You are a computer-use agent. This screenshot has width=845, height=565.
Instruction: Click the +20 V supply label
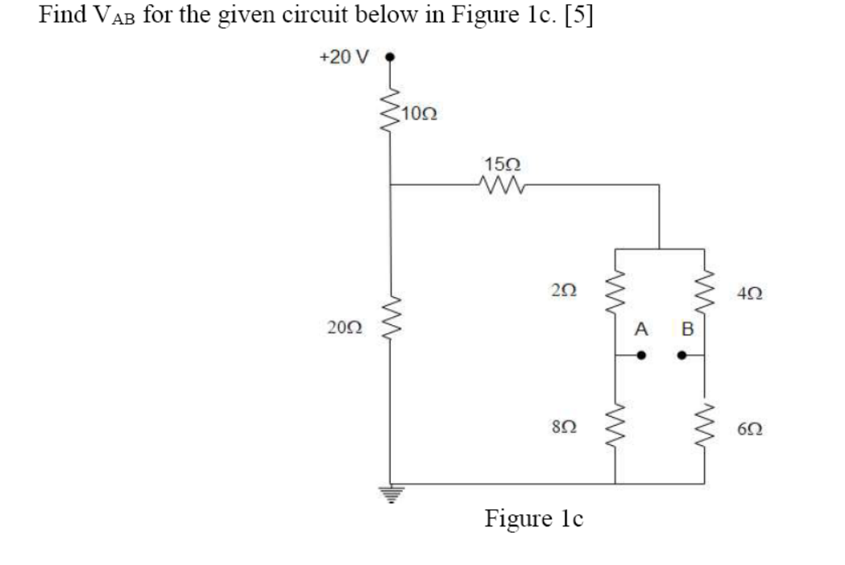[342, 59]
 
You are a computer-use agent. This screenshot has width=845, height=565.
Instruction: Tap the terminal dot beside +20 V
[391, 58]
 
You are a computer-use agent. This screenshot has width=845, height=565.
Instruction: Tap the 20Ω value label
[344, 327]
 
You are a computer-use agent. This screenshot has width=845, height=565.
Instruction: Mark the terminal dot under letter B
[681, 355]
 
